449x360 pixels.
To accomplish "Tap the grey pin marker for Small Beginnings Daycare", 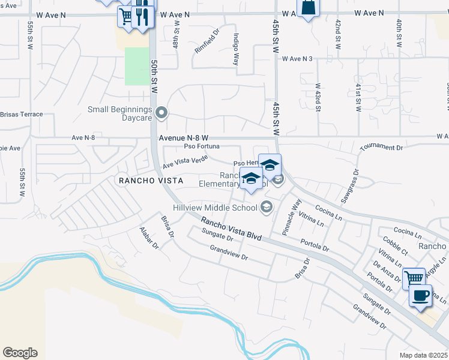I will coord(161,113).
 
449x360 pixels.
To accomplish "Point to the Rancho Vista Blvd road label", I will coord(232,229).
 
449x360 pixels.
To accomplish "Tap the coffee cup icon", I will coord(420,296).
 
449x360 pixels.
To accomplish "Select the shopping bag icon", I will coord(308,8).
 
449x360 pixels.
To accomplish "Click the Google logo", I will coord(20,353).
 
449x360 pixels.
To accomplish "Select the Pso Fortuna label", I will coord(202,146).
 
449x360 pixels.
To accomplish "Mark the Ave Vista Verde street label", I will coord(185,161).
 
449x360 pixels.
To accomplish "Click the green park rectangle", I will coord(137,66).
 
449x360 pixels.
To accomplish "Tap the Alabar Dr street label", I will coord(148,238).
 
